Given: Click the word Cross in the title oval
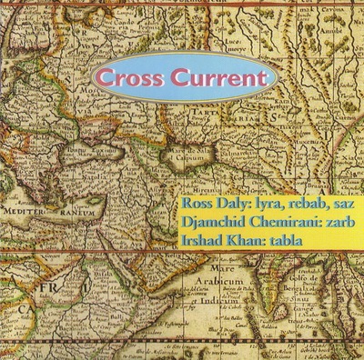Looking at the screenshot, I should (x=134, y=78).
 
